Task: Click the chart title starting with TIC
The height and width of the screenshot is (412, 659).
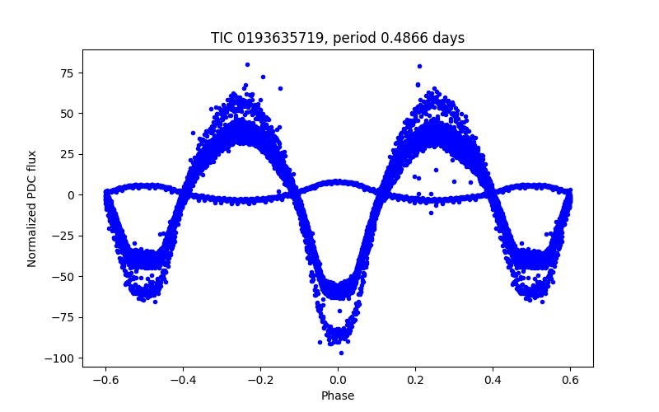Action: click(338, 39)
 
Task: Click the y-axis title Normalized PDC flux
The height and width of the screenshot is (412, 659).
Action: click(32, 208)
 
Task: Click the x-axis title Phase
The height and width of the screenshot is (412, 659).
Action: click(338, 396)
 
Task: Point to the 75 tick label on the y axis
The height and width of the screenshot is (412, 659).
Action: click(66, 73)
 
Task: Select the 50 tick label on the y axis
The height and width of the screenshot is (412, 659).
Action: click(66, 114)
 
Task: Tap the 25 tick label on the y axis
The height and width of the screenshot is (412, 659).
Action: click(66, 154)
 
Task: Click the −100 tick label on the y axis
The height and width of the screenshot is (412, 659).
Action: click(59, 358)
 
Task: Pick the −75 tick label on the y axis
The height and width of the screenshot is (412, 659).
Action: click(63, 317)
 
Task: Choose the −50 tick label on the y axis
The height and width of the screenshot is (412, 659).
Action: click(63, 276)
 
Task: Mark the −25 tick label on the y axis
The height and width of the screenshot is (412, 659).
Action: click(63, 236)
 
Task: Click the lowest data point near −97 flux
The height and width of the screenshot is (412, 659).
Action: click(341, 353)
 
